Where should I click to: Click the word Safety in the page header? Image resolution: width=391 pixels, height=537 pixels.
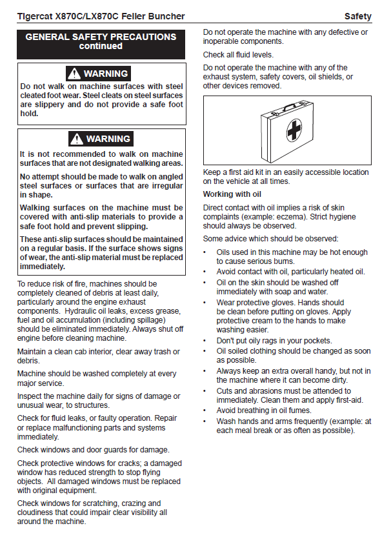357,15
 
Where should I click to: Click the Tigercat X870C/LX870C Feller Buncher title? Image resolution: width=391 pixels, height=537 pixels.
101,15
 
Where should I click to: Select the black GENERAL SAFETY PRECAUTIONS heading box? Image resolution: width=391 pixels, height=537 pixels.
101,42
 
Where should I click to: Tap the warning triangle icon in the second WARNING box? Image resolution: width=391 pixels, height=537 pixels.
77,139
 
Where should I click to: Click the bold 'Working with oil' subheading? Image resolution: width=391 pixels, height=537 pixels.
232,194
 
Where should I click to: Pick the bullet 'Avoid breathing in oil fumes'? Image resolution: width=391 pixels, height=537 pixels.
264,410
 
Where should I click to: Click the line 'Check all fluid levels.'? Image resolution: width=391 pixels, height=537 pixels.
238,55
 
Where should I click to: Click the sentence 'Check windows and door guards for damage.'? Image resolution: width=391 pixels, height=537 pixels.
94,449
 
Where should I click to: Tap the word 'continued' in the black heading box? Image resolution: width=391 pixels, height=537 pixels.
101,46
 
